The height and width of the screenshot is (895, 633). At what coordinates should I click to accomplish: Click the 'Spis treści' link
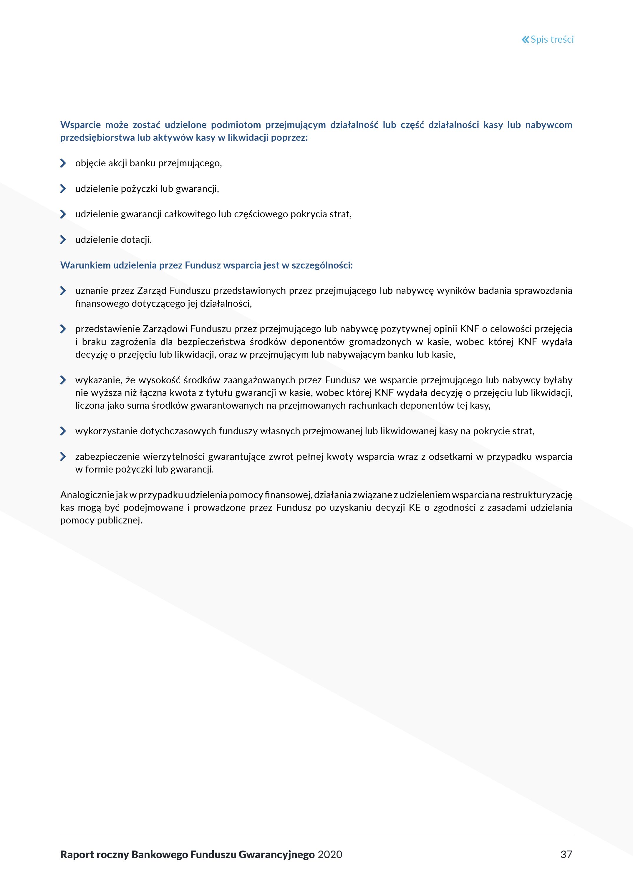[552, 39]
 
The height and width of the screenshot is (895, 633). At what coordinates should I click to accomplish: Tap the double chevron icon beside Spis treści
[526, 39]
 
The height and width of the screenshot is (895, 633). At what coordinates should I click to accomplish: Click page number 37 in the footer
[566, 854]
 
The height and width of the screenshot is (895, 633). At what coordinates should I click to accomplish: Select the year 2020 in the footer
[330, 854]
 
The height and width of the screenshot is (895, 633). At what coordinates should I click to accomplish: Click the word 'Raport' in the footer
[77, 854]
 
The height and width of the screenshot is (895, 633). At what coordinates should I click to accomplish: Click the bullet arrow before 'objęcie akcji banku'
[63, 163]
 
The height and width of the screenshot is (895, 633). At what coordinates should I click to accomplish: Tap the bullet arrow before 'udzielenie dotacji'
[63, 240]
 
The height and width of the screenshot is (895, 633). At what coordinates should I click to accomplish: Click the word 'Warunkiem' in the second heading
[85, 266]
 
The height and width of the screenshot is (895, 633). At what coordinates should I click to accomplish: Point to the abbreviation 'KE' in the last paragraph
[414, 508]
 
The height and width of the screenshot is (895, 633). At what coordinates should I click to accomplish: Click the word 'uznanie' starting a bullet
[90, 291]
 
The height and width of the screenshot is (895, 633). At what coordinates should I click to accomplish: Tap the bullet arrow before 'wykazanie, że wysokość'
[63, 380]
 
